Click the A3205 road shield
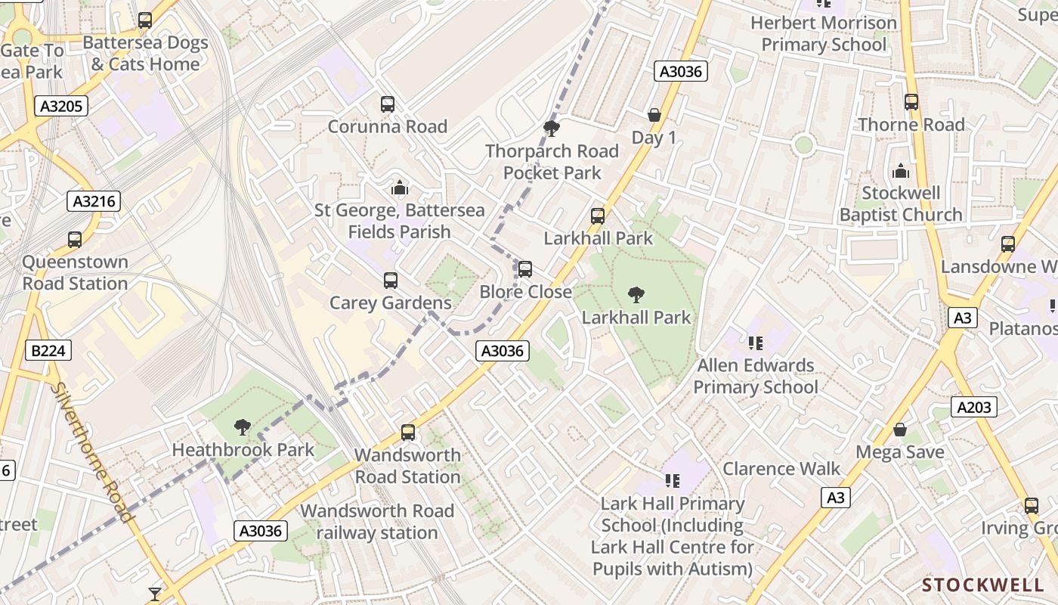(61, 106)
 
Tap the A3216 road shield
(94, 201)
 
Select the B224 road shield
(48, 350)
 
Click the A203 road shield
(973, 408)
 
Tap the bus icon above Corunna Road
(388, 104)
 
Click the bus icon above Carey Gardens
(391, 281)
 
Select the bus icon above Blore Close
(525, 269)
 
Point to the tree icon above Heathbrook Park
(242, 428)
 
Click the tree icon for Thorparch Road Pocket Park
(552, 129)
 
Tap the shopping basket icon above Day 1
(654, 115)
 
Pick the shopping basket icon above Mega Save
(900, 430)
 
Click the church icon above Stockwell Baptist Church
(900, 171)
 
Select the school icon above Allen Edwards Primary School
(755, 343)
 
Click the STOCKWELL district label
(983, 585)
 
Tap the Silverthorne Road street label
(93, 452)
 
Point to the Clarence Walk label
(781, 469)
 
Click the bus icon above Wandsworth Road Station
(408, 433)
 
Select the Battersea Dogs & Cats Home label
(145, 53)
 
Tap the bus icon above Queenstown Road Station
(75, 240)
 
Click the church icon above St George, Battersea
(400, 188)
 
